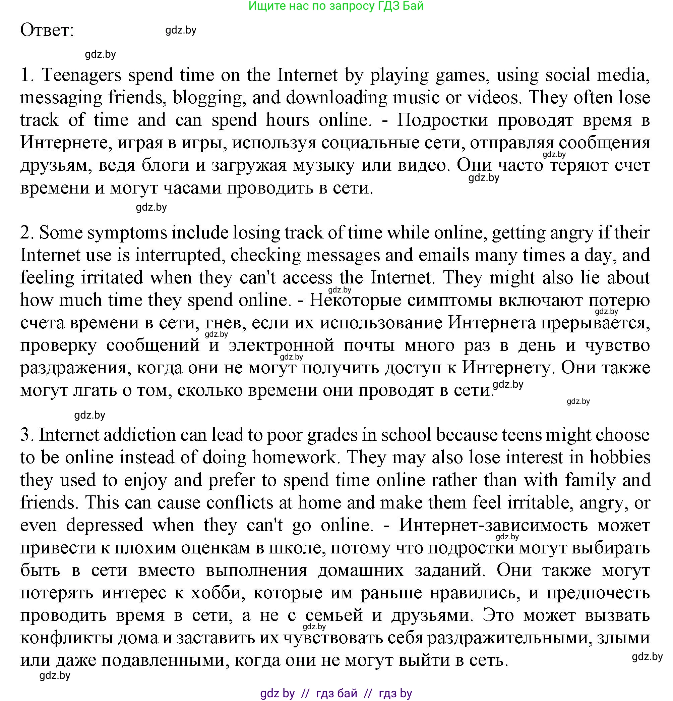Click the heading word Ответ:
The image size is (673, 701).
(47, 30)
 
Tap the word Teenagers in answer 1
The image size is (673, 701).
(81, 75)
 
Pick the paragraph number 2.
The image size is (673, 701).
(26, 233)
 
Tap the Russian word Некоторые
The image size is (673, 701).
(355, 300)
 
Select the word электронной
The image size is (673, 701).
(281, 345)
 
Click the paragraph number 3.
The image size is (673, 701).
(26, 435)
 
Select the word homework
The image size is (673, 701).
(295, 458)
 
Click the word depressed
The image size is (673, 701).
(105, 525)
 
